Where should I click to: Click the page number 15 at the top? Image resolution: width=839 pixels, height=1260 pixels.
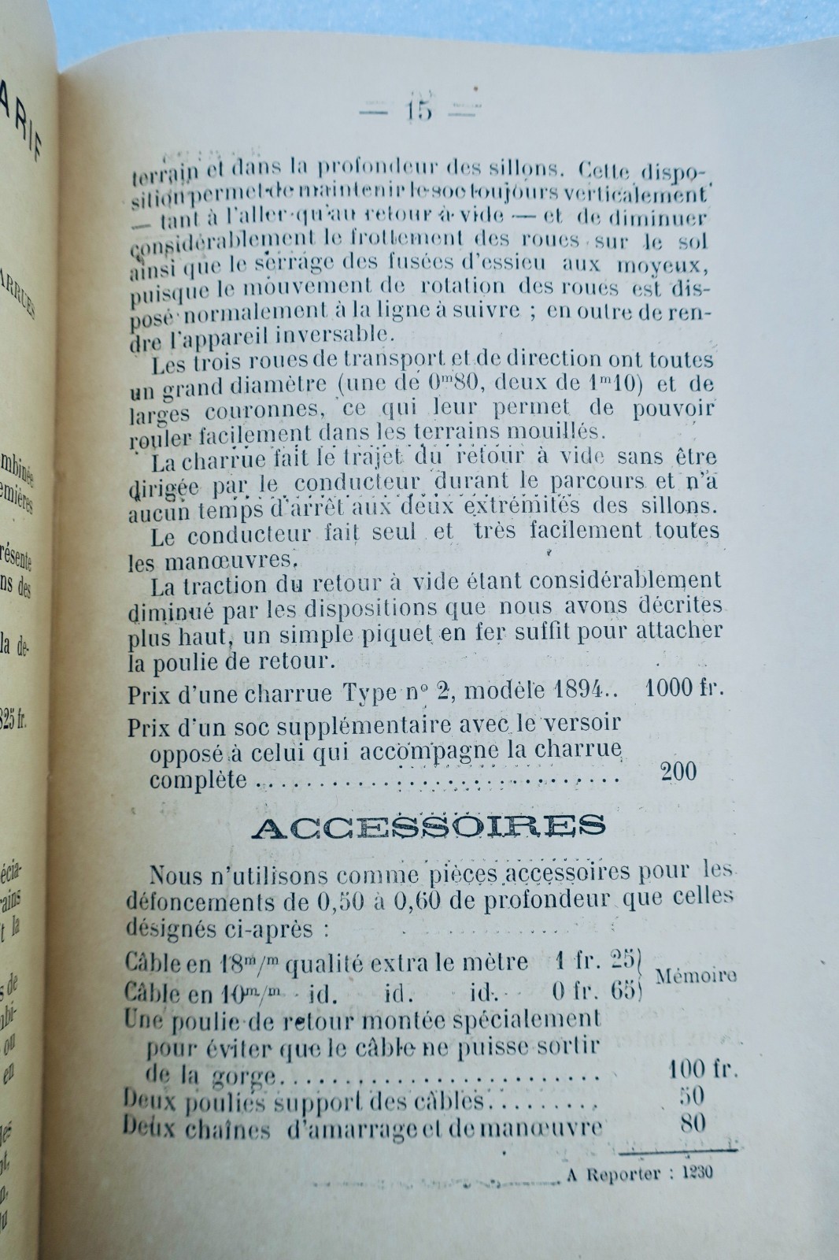419,110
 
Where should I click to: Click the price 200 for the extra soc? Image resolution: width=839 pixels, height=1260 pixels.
678,771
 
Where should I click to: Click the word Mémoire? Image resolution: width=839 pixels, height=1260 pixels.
696,976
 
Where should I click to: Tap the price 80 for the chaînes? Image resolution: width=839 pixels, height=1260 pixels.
692,1124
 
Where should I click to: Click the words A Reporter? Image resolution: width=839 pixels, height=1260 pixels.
611,1174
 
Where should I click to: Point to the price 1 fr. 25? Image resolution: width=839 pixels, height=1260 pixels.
594,962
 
